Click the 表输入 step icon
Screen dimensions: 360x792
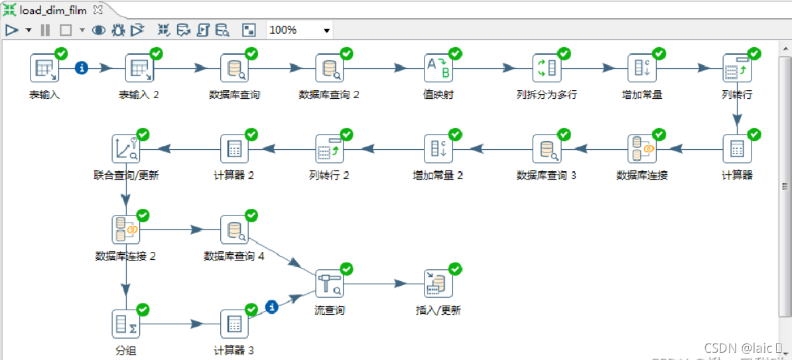[x=44, y=68]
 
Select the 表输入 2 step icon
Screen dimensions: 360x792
[x=139, y=68]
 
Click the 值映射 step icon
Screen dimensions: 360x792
[x=438, y=68]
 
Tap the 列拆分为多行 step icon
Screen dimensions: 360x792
[x=547, y=68]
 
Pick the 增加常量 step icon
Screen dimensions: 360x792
[x=641, y=68]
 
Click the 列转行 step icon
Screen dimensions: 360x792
[x=737, y=68]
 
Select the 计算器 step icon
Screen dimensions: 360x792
[x=737, y=149]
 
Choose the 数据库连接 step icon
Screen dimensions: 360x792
[x=641, y=149]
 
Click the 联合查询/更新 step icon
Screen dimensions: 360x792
[x=126, y=149]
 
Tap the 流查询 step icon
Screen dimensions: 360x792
[x=329, y=284]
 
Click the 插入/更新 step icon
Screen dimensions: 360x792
[x=438, y=284]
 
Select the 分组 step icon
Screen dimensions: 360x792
[x=126, y=324]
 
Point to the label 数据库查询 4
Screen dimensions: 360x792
[x=234, y=256]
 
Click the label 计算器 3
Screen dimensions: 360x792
[x=233, y=351]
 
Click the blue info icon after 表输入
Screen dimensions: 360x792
[x=82, y=68]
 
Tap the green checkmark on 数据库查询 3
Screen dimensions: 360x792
[x=564, y=135]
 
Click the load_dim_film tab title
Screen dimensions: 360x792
[x=53, y=11]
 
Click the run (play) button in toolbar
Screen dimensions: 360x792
[x=11, y=30]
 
